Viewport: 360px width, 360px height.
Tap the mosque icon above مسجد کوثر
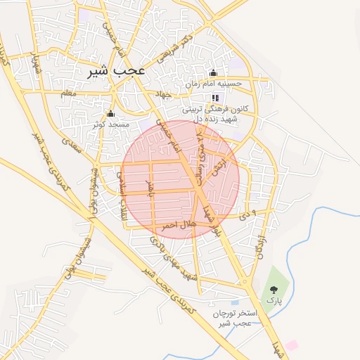pyautogui.click(x=110, y=113)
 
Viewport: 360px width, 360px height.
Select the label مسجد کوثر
pyautogui.click(x=109, y=124)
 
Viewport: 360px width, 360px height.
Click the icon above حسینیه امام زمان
pyautogui.click(x=213, y=73)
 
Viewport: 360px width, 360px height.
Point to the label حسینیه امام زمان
pyautogui.click(x=214, y=84)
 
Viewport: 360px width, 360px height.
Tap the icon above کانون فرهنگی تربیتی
pyautogui.click(x=214, y=98)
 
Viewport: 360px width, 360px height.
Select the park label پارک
pyautogui.click(x=273, y=300)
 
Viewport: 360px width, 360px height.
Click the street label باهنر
pyautogui.click(x=149, y=188)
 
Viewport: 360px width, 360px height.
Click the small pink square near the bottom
pyautogui.click(x=291, y=345)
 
